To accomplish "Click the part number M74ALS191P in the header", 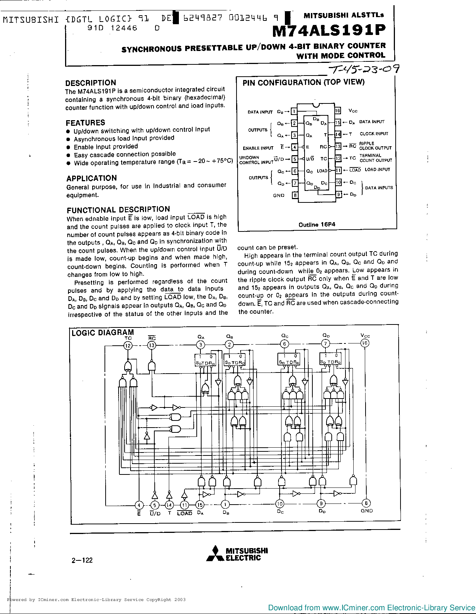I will [x=329, y=31].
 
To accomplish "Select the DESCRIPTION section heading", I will [x=91, y=83].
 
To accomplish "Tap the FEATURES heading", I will [x=86, y=122].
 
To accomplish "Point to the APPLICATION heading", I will [x=91, y=178].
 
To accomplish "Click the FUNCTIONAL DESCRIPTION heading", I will [x=118, y=210].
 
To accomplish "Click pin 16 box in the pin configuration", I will [x=338, y=111].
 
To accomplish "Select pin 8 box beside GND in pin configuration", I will [x=295, y=195].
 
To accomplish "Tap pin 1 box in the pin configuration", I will [x=294, y=111].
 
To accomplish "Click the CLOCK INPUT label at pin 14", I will [x=374, y=134].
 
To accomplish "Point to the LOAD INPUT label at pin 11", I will [x=377, y=170].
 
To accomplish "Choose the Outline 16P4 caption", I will [x=317, y=224].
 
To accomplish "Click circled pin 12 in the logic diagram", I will [x=128, y=345].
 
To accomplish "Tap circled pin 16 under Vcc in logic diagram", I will [x=365, y=343].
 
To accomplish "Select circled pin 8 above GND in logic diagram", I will [x=366, y=503].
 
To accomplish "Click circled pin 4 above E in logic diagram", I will [x=139, y=505].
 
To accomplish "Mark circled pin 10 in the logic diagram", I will [x=280, y=504].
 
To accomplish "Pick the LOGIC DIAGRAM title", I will [x=103, y=332].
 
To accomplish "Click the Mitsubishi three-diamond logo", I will [x=215, y=553].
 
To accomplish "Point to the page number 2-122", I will [x=82, y=560].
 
